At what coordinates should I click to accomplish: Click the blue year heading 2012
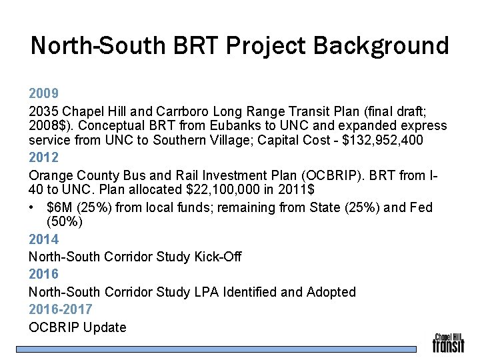click(43, 158)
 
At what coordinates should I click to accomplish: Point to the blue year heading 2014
click(43, 239)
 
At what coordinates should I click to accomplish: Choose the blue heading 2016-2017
click(61, 309)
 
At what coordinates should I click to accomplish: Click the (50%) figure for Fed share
click(65, 222)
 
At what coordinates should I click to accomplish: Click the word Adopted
click(331, 292)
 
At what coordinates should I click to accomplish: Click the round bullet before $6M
click(33, 208)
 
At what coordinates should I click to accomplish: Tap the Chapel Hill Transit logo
click(448, 343)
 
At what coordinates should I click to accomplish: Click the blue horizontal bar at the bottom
click(217, 349)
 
